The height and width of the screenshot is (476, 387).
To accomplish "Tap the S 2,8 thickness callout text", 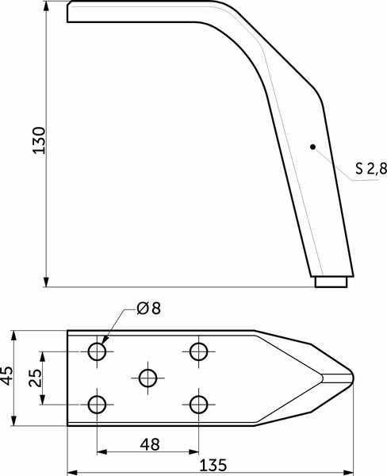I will tap(370, 167).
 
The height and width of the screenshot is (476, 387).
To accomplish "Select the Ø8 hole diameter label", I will tap(148, 309).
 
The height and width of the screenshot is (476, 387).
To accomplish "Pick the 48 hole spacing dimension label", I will tap(148, 443).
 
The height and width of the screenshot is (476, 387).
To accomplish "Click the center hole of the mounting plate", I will tap(148, 378).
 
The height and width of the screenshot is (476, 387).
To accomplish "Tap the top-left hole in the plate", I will tap(98, 351).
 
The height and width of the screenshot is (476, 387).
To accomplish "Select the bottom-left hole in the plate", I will tap(98, 405).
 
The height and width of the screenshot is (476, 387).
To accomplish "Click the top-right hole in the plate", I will tap(199, 351).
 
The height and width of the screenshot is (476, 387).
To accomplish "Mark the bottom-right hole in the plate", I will tap(199, 405).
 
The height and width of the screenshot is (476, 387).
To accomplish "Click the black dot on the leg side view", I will tap(313, 146).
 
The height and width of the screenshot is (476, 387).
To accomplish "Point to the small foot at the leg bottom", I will tap(331, 282).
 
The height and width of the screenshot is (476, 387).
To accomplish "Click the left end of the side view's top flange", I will tap(68, 11).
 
